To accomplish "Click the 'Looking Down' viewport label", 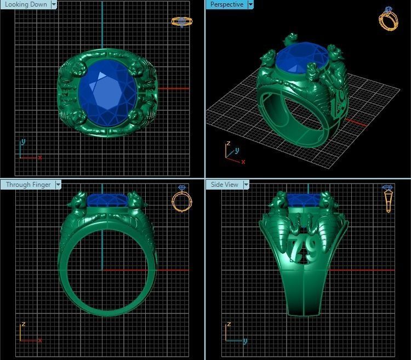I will [x=25, y=4].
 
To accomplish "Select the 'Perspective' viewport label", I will [x=226, y=4].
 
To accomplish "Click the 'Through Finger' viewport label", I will [x=27, y=185].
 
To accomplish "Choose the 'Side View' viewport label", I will [x=225, y=185].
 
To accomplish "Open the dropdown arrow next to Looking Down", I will [x=54, y=4].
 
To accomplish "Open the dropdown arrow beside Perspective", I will [x=250, y=4].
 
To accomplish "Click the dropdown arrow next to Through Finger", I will [x=58, y=185].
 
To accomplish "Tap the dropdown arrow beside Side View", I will [x=246, y=185].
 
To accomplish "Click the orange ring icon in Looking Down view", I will [x=181, y=21].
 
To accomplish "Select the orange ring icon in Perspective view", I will [x=388, y=19].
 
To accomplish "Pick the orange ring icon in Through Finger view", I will [x=182, y=198].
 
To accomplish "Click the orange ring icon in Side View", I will [x=387, y=198].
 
